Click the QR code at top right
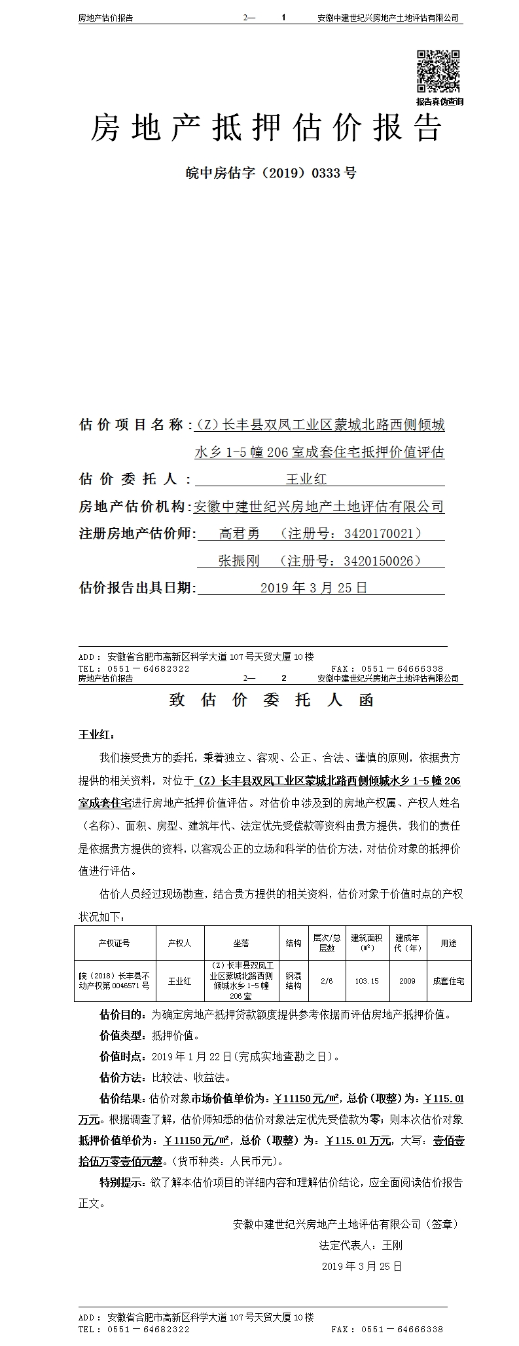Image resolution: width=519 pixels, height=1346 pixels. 439,71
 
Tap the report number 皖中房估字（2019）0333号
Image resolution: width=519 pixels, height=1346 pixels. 271,173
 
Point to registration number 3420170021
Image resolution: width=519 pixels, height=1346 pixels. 378,533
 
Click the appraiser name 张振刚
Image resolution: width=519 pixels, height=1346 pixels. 239,560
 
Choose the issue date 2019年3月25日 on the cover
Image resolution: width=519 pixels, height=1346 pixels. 314,587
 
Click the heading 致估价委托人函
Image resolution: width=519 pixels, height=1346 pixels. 271,700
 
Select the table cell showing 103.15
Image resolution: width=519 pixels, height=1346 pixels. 367,981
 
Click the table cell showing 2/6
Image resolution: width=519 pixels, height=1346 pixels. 327,981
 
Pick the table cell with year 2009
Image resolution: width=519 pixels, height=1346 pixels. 407,981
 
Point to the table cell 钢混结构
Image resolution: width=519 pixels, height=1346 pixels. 293,981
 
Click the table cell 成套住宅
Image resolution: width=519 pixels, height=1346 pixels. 448,981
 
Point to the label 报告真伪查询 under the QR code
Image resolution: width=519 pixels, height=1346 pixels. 439,102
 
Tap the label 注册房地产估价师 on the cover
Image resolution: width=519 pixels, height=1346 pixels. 136,533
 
